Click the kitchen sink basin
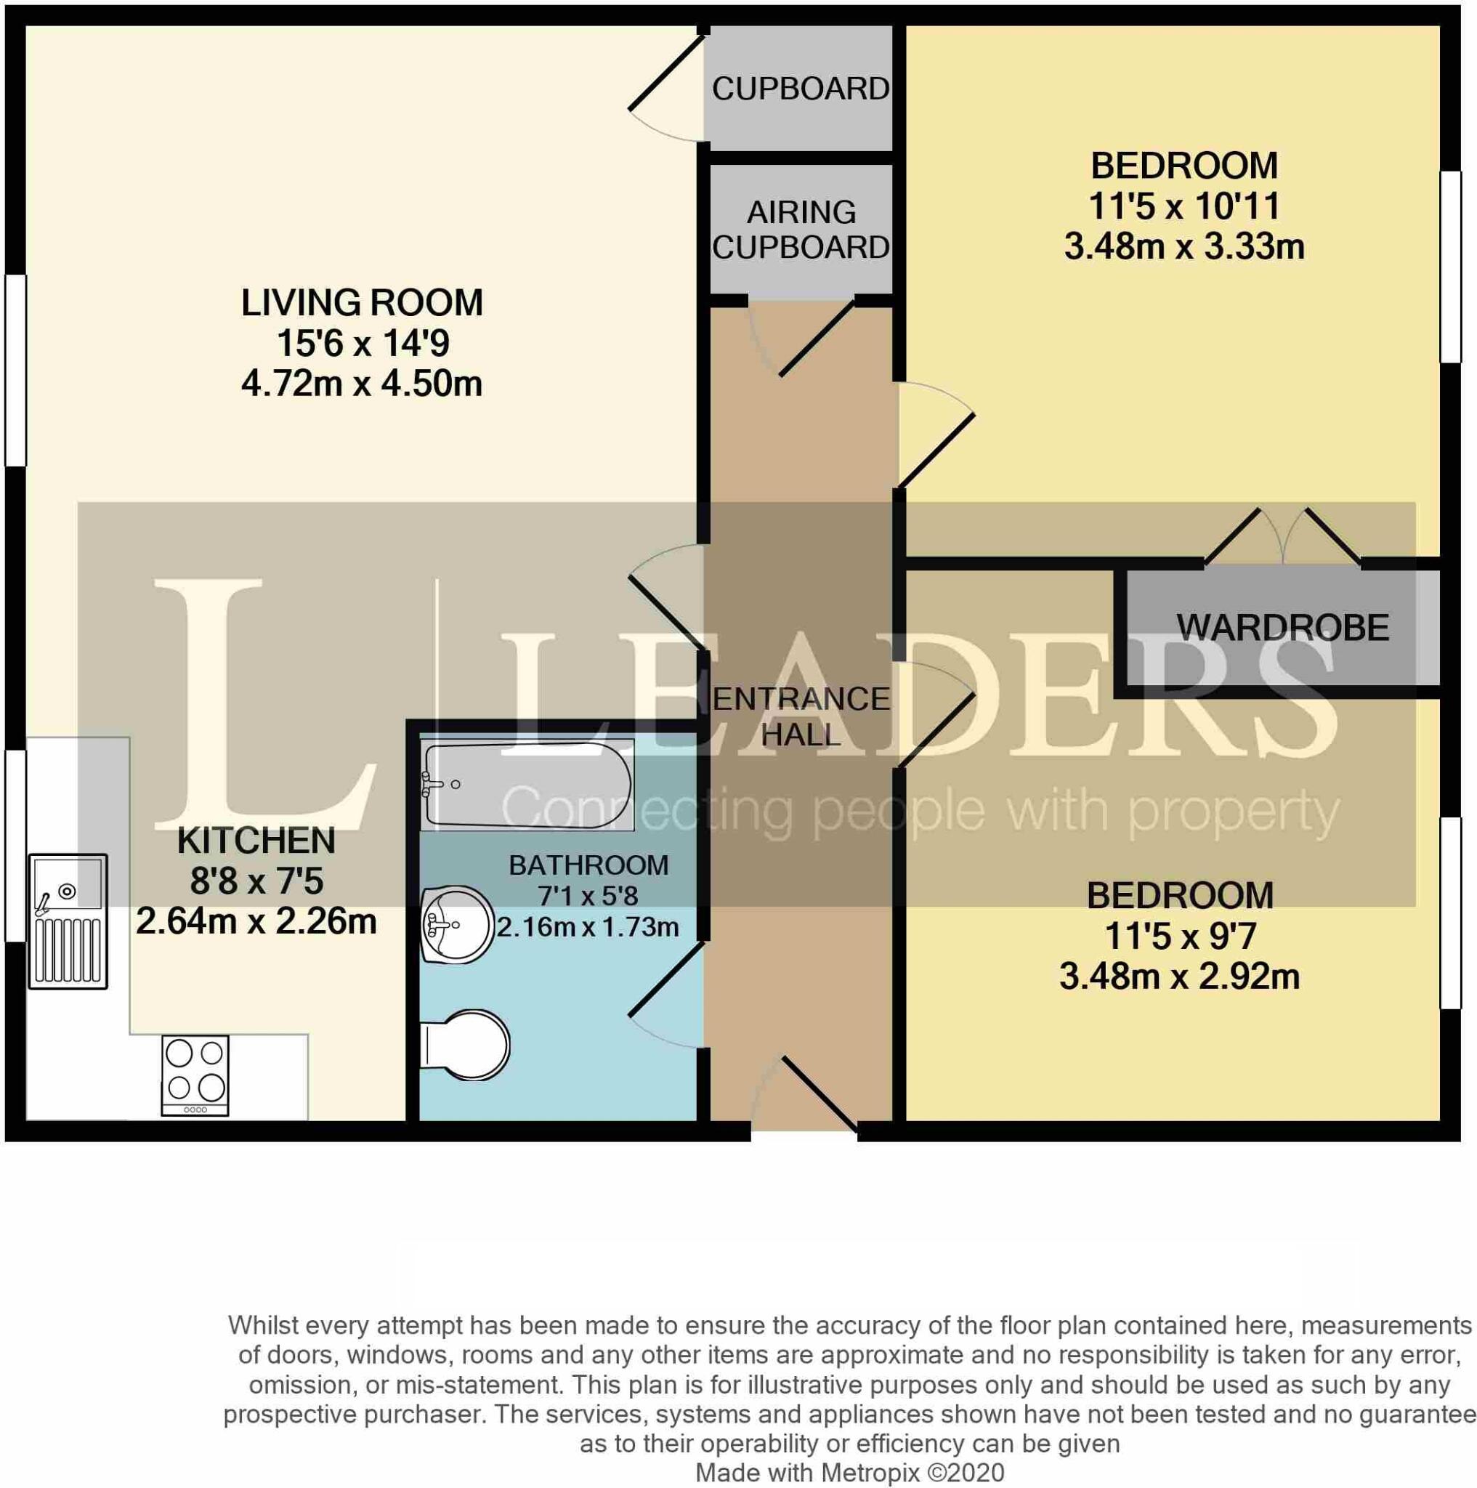click(x=68, y=882)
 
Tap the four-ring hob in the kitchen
click(x=195, y=1075)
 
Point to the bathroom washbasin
click(x=458, y=923)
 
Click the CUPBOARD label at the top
click(x=801, y=89)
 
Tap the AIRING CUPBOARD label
click(x=801, y=230)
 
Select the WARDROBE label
click(x=1283, y=628)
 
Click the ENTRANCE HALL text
click(x=801, y=716)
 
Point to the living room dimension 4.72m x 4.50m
click(x=362, y=384)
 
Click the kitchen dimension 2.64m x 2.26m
click(x=256, y=922)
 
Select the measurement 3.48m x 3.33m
click(x=1184, y=247)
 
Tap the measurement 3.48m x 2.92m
click(x=1180, y=976)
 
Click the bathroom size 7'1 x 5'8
click(x=588, y=896)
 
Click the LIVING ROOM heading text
click(x=362, y=303)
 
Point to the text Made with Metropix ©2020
click(x=849, y=1473)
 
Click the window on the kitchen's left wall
click(x=15, y=845)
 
